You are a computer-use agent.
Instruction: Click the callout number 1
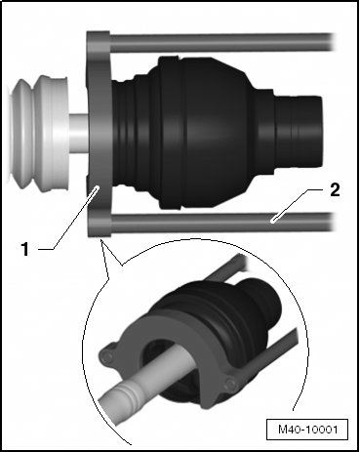[24, 249]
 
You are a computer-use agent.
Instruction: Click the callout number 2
[335, 190]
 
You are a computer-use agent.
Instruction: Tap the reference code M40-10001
[307, 430]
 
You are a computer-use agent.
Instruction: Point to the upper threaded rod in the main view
[222, 42]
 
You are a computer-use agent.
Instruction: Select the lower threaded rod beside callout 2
[222, 223]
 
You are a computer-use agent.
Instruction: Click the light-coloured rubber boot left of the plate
[39, 134]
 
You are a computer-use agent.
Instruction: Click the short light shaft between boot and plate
[78, 133]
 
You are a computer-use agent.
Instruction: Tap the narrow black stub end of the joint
[299, 133]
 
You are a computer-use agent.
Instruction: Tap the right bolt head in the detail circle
[230, 384]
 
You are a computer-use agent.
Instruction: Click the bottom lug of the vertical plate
[100, 226]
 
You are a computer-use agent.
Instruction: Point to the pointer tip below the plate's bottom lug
[101, 241]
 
